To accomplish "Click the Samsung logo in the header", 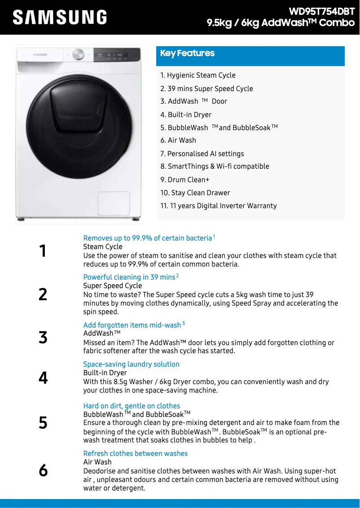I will (x=60, y=18).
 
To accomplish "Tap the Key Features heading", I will (x=188, y=53).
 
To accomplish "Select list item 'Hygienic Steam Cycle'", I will (x=198, y=75).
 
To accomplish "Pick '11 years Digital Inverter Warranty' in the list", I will (x=219, y=206).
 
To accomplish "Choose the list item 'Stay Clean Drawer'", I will (x=195, y=193).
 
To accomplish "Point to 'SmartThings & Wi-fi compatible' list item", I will (x=215, y=166).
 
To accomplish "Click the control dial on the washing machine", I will (x=78, y=54).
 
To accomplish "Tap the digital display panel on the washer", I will (x=116, y=55).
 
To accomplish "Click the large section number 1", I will (x=43, y=251).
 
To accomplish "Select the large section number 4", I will (x=43, y=378).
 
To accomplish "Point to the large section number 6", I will (x=43, y=470).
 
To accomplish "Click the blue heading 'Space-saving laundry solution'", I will (x=131, y=364).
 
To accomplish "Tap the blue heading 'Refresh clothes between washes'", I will (x=135, y=453).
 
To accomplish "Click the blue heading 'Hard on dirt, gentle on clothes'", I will (x=132, y=406).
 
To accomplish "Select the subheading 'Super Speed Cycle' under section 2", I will (x=112, y=286).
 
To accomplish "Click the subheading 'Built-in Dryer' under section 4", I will (x=105, y=373).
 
